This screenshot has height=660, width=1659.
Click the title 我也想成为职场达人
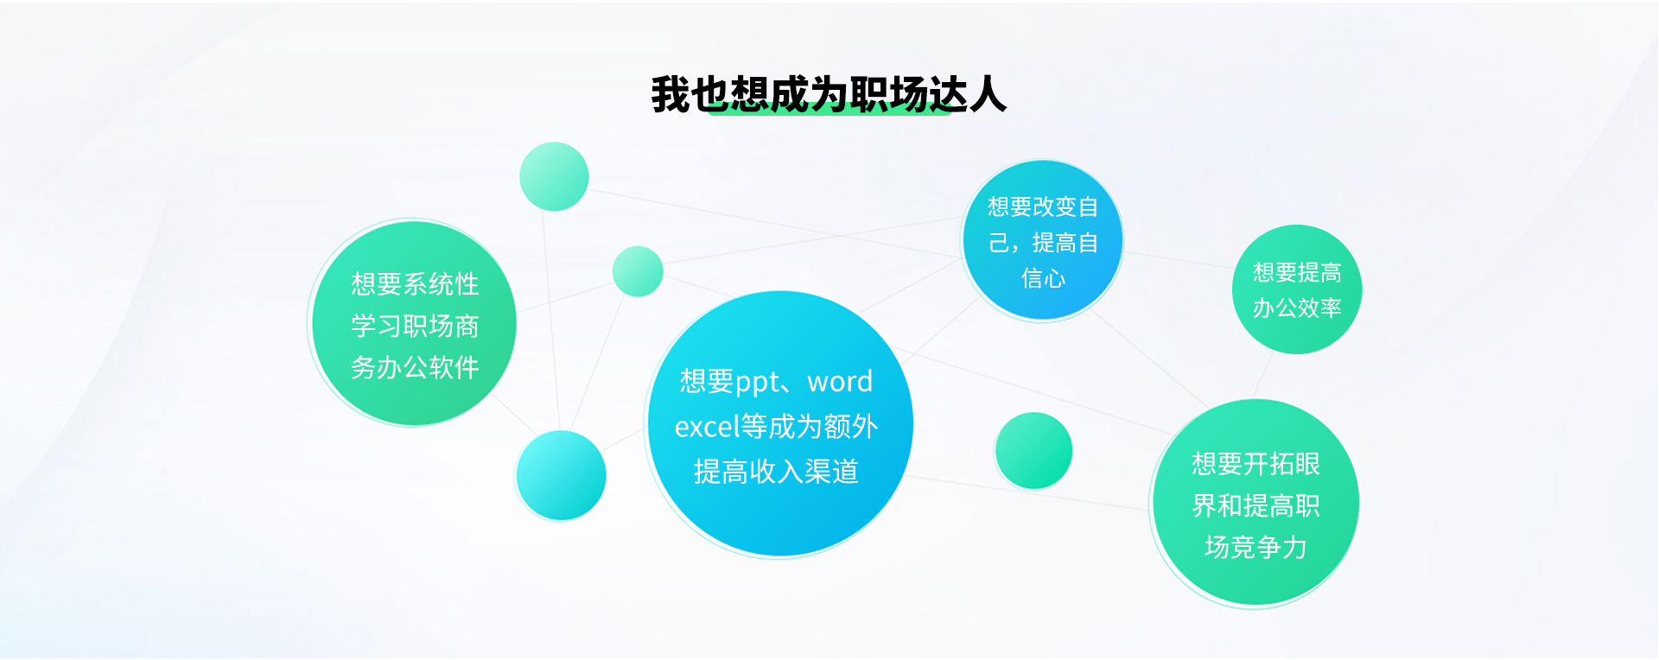click(829, 94)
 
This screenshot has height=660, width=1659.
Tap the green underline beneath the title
click(829, 109)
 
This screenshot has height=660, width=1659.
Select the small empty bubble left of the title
click(554, 176)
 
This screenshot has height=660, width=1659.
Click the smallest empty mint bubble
click(638, 271)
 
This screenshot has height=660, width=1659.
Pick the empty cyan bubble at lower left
click(561, 475)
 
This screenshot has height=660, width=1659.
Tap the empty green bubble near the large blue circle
click(1033, 451)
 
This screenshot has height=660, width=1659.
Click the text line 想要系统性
click(415, 283)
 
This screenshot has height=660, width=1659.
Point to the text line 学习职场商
click(415, 326)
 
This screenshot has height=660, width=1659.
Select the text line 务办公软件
click(415, 367)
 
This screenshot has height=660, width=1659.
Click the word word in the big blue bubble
click(840, 381)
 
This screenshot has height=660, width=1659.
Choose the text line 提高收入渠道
click(776, 471)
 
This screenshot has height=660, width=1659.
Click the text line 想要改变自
click(1043, 206)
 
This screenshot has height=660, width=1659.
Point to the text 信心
click(1043, 278)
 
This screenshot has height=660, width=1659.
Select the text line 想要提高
click(1297, 272)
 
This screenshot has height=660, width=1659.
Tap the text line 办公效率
click(1297, 308)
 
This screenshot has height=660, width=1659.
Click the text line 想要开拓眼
click(1255, 464)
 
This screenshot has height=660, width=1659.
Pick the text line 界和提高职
click(1255, 505)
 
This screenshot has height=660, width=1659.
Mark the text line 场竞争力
click(1255, 547)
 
